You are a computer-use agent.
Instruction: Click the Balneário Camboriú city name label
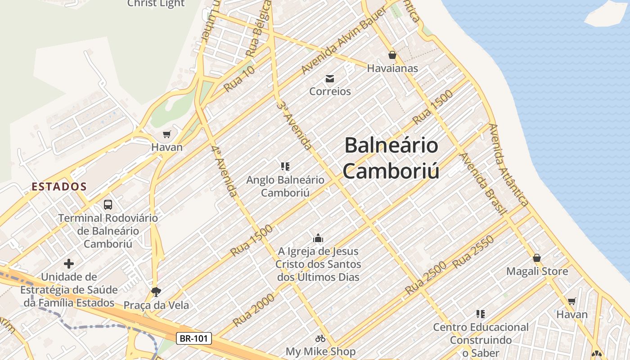(x=391, y=158)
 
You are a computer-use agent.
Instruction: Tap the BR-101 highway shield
(x=193, y=338)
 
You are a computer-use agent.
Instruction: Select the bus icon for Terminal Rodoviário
(x=108, y=205)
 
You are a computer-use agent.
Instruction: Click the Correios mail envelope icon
(x=330, y=79)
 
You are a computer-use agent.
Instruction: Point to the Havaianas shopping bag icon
(x=392, y=55)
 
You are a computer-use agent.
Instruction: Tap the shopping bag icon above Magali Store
(x=537, y=258)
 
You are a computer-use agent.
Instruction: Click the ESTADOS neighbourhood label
(x=59, y=186)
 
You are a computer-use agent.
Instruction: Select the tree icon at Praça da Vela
(x=156, y=292)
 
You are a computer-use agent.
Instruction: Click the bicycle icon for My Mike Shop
(x=320, y=338)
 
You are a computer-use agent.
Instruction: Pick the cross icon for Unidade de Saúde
(x=69, y=264)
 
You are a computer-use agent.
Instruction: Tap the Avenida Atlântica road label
(x=509, y=165)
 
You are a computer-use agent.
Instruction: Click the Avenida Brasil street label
(x=483, y=184)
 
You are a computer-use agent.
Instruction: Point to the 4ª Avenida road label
(x=224, y=171)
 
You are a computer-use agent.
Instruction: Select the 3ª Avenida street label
(x=294, y=126)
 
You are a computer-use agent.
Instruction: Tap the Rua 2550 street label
(x=473, y=252)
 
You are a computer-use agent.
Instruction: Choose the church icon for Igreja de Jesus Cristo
(x=318, y=238)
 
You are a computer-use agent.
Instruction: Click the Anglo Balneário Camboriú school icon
(x=285, y=167)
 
